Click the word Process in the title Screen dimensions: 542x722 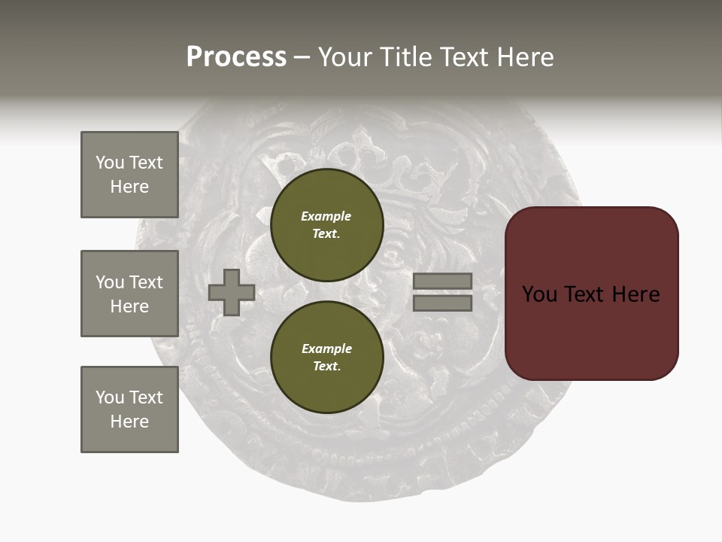236,57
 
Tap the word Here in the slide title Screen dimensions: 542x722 523,57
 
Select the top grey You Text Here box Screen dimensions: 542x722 129,175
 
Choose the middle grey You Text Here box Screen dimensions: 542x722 129,294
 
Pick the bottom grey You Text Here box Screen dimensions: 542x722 129,410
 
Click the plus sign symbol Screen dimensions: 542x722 232,292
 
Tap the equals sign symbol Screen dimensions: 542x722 442,292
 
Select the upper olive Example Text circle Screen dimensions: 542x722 326,224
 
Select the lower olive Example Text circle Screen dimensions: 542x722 326,357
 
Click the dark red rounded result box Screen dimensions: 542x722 591,294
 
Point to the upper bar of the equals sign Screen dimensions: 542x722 442,282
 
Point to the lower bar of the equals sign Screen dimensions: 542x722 442,303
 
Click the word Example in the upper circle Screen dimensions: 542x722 326,216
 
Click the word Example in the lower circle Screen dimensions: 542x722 326,349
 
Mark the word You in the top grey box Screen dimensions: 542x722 109,163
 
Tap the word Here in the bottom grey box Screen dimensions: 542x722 129,422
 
